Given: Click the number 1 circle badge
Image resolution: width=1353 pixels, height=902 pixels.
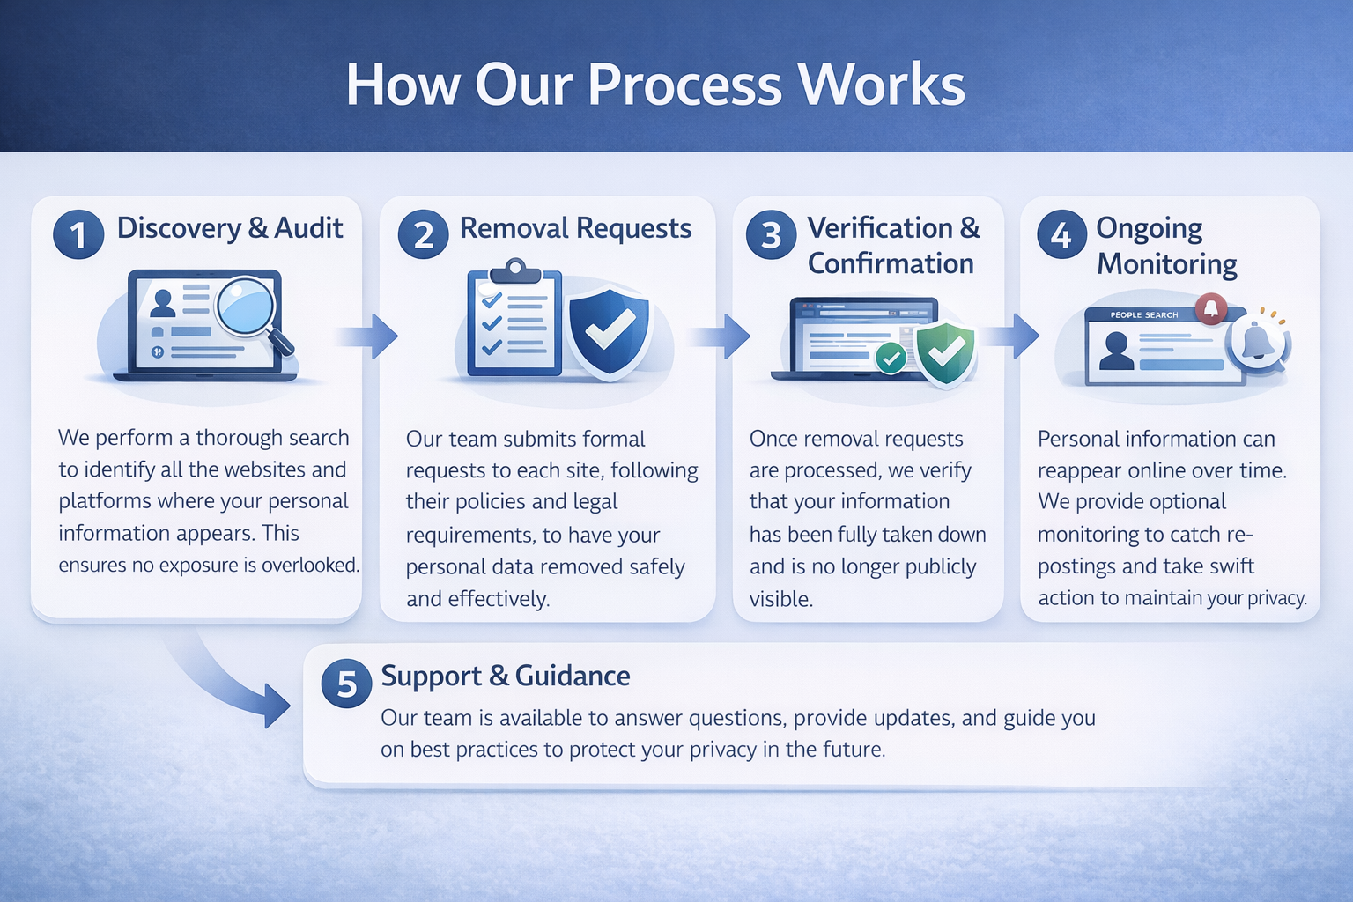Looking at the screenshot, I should [78, 234].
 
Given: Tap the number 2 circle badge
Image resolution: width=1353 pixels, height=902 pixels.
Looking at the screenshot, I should [423, 234].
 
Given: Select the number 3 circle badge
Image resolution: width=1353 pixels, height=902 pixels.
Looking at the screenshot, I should [771, 234].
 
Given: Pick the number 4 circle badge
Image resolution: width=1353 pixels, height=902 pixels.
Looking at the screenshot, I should [1061, 234].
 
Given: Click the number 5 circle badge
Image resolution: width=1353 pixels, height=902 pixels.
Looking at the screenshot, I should [347, 684].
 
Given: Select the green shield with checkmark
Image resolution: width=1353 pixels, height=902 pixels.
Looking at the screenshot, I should [945, 352].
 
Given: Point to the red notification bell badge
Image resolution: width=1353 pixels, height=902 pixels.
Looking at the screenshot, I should [1211, 307].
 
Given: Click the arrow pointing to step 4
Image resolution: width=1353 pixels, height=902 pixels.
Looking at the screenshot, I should [1012, 336].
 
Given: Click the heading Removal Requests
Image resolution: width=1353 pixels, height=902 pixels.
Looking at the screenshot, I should [575, 228].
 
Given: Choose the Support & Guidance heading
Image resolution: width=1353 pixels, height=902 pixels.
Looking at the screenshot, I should [505, 676].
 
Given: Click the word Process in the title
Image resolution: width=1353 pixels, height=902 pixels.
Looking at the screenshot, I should [684, 85].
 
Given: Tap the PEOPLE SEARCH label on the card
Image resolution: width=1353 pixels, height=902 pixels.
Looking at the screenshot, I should [1143, 314].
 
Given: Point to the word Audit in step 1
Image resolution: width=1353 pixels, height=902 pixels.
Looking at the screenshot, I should [308, 228].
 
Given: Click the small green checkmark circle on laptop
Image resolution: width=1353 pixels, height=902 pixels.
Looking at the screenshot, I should [891, 358].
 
